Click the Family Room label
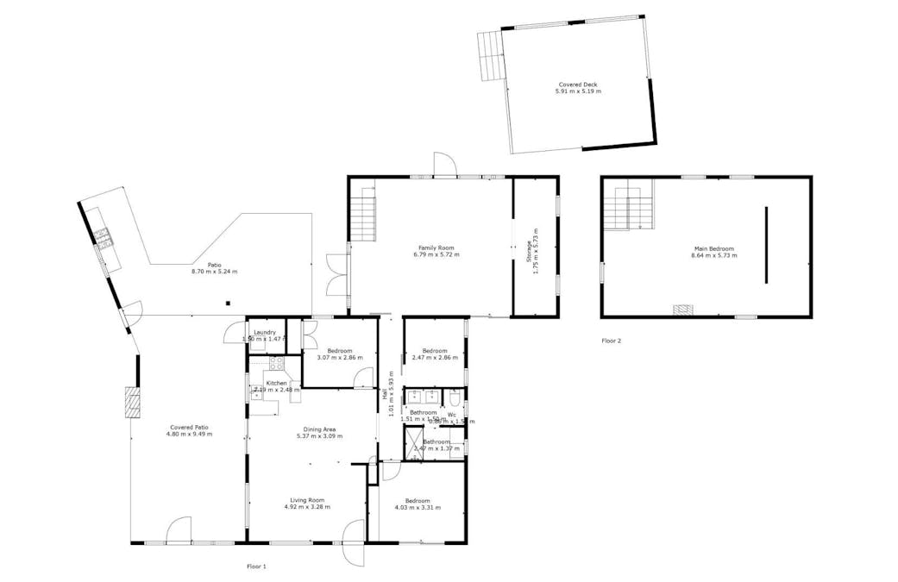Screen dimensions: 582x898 [x=437, y=248]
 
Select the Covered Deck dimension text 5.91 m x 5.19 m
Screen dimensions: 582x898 [x=578, y=91]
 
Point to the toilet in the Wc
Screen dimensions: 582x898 [x=455, y=397]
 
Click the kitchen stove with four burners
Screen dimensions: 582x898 [x=276, y=364]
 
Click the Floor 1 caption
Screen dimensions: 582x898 [x=256, y=566]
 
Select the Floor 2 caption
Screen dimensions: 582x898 [x=611, y=341]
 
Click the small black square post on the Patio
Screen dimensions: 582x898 [x=228, y=303]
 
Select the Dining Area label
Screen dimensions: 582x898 [x=319, y=429]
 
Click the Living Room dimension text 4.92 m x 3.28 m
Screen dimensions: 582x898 [x=308, y=507]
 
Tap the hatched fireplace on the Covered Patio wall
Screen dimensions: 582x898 [x=132, y=404]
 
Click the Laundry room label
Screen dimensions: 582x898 [x=264, y=332]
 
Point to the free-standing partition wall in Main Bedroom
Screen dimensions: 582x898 [x=765, y=244]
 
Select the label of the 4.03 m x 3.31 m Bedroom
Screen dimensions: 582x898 [x=418, y=500]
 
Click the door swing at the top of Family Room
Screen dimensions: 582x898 [x=443, y=163]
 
